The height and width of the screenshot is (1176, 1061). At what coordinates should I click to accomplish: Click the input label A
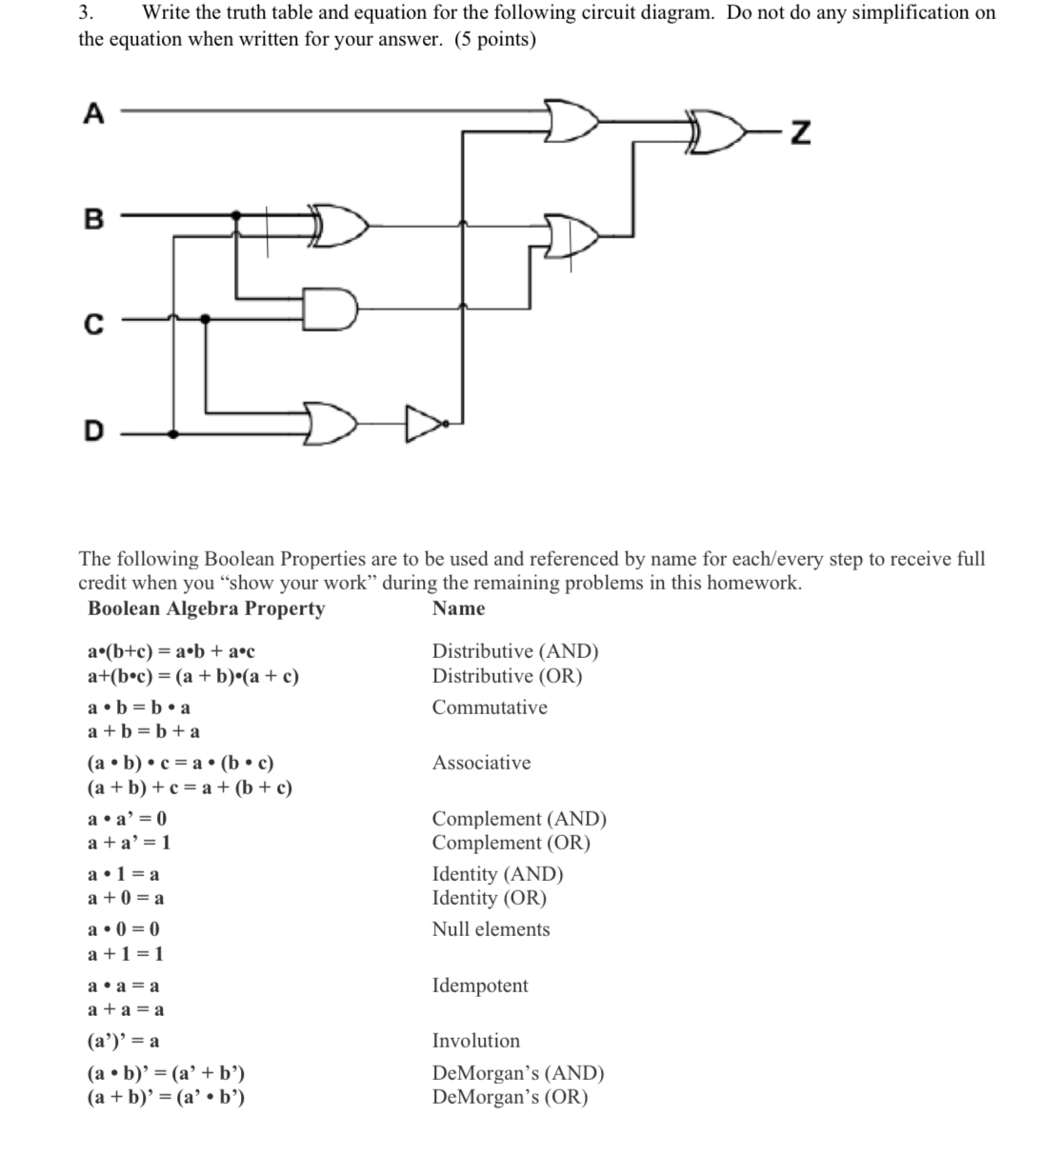pos(92,114)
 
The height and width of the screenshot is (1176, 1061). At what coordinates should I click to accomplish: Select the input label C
pos(92,326)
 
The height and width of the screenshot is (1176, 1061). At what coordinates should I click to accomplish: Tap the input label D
pos(92,432)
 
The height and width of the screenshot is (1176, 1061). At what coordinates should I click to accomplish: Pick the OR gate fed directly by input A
pos(572,119)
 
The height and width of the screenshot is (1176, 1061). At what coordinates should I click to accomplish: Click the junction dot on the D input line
pos(172,432)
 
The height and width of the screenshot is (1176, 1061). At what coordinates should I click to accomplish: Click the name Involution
pos(475,1041)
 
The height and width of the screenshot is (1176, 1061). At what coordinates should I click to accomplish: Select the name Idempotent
pos(479,986)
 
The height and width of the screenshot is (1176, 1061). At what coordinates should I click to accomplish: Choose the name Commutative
pos(489,708)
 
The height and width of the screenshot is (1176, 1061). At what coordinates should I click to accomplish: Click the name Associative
pos(481,763)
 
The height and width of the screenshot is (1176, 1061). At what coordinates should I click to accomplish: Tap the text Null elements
pos(490,929)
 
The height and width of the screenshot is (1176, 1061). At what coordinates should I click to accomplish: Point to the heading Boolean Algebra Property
pos(206,608)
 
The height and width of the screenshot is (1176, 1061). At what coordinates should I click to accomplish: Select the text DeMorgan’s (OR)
pos(510,1097)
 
